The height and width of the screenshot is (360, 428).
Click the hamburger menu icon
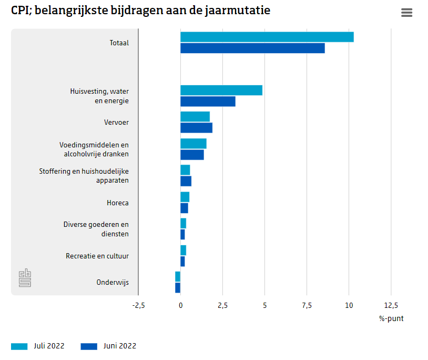point(406,13)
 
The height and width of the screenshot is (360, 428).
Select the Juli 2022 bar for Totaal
point(267,37)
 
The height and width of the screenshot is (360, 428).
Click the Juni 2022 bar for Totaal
point(252,48)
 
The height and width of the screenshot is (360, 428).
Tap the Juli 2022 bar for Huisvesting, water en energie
point(221,91)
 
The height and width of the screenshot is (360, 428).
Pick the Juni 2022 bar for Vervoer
point(196,128)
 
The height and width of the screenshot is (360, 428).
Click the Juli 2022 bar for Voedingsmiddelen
point(193,144)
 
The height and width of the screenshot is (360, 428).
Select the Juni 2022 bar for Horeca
point(184,208)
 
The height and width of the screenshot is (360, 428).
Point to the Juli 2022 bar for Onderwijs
point(178,276)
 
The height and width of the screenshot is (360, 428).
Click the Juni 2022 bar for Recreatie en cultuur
point(182,262)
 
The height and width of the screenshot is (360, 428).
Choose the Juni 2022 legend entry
point(108,346)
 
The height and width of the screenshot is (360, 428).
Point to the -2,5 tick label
point(138,305)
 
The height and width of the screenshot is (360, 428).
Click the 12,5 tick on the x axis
point(391,305)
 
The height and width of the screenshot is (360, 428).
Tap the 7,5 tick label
point(307,305)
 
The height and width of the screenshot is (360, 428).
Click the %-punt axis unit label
point(391,318)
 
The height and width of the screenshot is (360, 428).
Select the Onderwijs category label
point(113,283)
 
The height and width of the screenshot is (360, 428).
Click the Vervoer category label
point(116,123)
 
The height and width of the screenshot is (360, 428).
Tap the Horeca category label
point(118,203)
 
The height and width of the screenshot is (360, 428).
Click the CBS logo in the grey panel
point(25,278)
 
